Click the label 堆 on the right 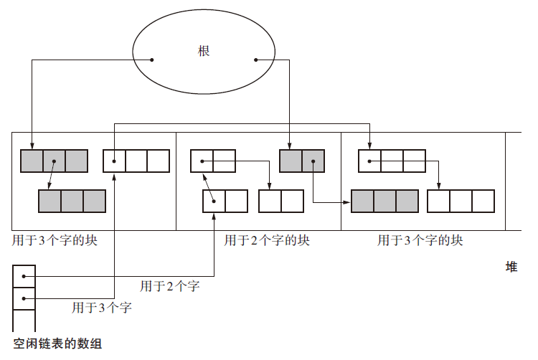coord(511,267)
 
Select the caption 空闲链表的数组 coord(57,344)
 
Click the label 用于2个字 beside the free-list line coord(169,287)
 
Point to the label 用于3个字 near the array coord(101,308)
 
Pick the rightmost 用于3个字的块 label coord(420,240)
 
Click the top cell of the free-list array coord(24,275)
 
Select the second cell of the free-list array coord(24,297)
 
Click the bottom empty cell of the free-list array coord(24,318)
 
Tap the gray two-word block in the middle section coord(302,161)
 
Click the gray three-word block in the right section coord(384,201)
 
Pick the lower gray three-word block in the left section coord(72,201)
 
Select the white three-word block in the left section coord(136,161)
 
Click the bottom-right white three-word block coord(461,201)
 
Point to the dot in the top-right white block coord(369,161)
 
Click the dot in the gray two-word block coord(313,161)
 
